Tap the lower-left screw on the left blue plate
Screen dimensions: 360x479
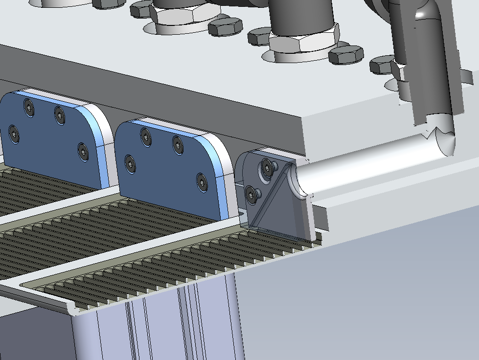click(14, 134)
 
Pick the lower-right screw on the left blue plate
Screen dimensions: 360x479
click(83, 151)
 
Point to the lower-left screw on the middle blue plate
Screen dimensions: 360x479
click(130, 163)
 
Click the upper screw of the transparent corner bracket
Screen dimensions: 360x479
click(267, 167)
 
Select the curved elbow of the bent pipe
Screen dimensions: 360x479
click(431, 15)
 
